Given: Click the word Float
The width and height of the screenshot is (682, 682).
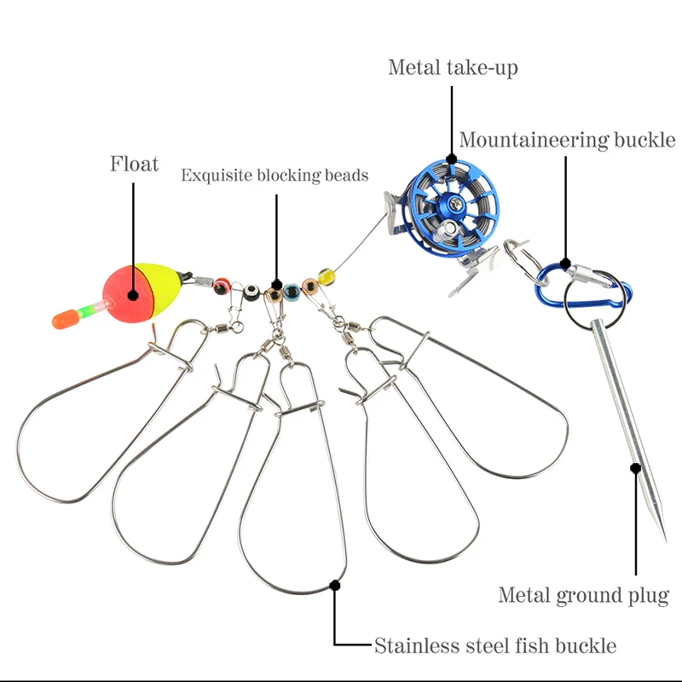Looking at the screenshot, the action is pyautogui.click(x=134, y=164).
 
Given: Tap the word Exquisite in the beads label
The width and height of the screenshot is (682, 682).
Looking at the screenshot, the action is pyautogui.click(x=217, y=176).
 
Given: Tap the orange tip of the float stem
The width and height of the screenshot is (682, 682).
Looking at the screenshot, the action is pyautogui.click(x=66, y=319).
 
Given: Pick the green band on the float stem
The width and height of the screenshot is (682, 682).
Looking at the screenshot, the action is pyautogui.click(x=86, y=311).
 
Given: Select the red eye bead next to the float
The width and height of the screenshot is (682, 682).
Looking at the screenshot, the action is pyautogui.click(x=222, y=286).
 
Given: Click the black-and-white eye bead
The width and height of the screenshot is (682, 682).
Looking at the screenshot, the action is pyautogui.click(x=251, y=292).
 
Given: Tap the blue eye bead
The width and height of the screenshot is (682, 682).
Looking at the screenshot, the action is pyautogui.click(x=292, y=292).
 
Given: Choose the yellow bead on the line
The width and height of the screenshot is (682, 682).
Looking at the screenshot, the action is pyautogui.click(x=327, y=276).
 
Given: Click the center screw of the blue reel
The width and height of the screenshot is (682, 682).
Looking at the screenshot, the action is pyautogui.click(x=456, y=202).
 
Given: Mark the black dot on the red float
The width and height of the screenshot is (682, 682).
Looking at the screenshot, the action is pyautogui.click(x=133, y=296).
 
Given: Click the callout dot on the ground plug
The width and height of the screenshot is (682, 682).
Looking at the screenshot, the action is pyautogui.click(x=635, y=468).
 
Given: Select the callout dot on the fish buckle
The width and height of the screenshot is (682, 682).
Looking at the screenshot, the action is pyautogui.click(x=334, y=586).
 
